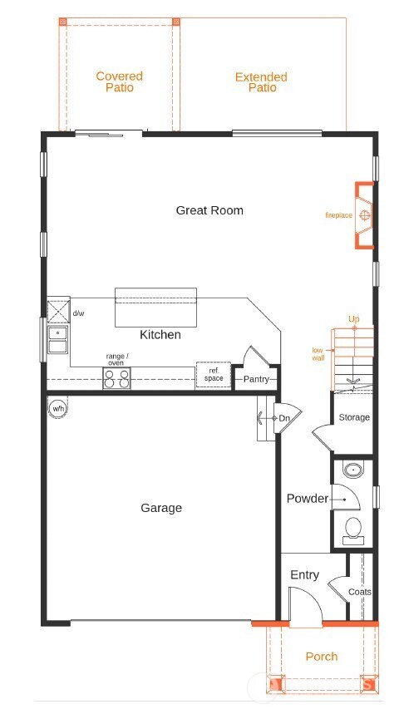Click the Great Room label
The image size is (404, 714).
click(x=209, y=210)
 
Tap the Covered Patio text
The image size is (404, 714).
click(x=119, y=81)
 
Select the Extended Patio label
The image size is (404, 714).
click(x=261, y=81)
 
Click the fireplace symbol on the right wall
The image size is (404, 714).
click(x=364, y=215)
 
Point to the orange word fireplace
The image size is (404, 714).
click(x=338, y=215)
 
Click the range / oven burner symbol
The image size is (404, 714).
click(x=116, y=379)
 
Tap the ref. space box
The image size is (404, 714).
click(x=214, y=375)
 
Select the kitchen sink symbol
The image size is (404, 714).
click(x=58, y=338)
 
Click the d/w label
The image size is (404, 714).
click(x=79, y=313)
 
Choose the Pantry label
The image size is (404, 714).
click(x=256, y=380)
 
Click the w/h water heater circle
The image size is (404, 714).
click(x=58, y=408)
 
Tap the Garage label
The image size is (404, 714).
click(x=161, y=508)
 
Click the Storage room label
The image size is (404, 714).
click(x=354, y=417)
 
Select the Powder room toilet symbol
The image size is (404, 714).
click(x=353, y=529)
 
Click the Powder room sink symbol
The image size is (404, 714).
click(x=353, y=470)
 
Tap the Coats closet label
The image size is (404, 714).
click(x=359, y=592)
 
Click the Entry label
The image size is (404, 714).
click(x=304, y=575)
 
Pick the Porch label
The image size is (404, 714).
click(x=321, y=657)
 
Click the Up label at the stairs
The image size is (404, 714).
click(x=354, y=319)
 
